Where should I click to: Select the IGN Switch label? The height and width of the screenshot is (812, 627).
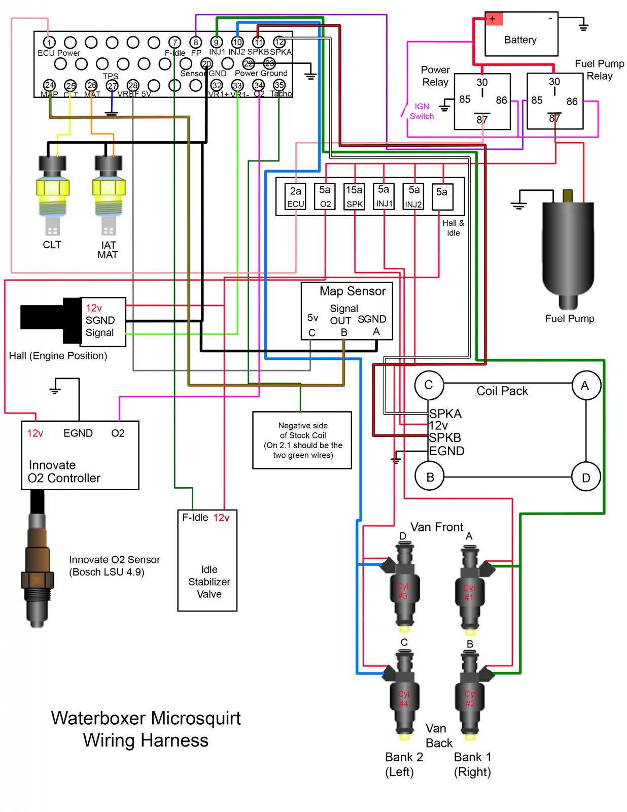(x=422, y=111)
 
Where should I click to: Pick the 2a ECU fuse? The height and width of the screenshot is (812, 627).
(x=295, y=196)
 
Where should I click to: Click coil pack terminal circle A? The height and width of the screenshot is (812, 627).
(x=586, y=386)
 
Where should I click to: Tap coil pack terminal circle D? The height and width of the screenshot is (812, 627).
(x=586, y=477)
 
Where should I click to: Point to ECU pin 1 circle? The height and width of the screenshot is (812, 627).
(x=49, y=42)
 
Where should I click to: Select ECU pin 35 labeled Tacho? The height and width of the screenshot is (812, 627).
(x=279, y=85)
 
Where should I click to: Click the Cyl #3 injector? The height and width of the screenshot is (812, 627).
(x=403, y=589)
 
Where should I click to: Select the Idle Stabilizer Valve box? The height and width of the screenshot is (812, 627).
(x=207, y=560)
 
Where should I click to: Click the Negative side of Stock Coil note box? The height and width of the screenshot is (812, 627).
(x=302, y=440)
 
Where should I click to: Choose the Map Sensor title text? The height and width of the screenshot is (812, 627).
(x=353, y=291)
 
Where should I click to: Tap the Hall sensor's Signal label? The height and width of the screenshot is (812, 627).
(x=99, y=333)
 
